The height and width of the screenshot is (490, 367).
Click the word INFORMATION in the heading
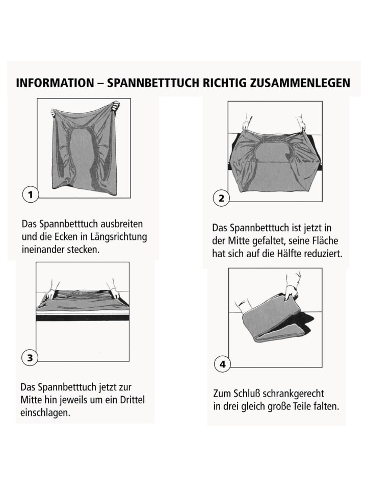tap(55, 83)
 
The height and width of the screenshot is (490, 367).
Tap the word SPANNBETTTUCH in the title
tap(153, 83)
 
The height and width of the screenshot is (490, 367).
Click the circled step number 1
tap(30, 194)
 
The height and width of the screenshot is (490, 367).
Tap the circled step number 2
tap(221, 198)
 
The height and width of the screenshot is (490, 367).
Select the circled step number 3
tap(30, 357)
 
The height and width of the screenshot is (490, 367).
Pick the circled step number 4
tap(223, 364)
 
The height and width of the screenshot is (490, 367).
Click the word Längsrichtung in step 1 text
tap(119, 237)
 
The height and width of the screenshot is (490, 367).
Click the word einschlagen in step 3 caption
tap(45, 413)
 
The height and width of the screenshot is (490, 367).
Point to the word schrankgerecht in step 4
tap(294, 394)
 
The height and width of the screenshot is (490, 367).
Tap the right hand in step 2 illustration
tap(301, 123)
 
